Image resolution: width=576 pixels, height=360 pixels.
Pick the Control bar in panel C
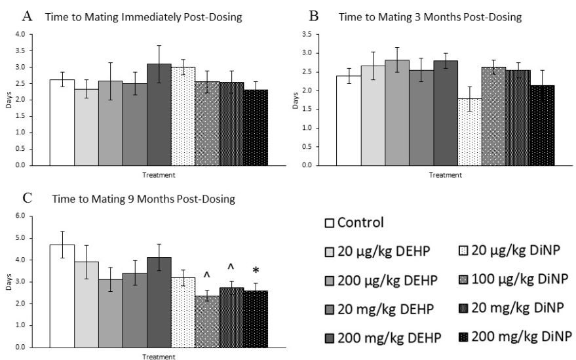pos(62,295)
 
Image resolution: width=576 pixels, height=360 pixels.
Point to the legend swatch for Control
pos(330,223)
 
